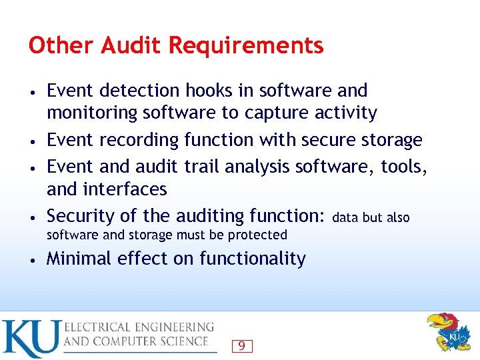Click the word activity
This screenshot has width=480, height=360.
pos(347,113)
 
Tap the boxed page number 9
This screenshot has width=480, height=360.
pos(241,345)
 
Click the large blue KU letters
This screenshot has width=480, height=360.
pos(30,339)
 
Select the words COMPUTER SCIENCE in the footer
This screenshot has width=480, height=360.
pos(160,341)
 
